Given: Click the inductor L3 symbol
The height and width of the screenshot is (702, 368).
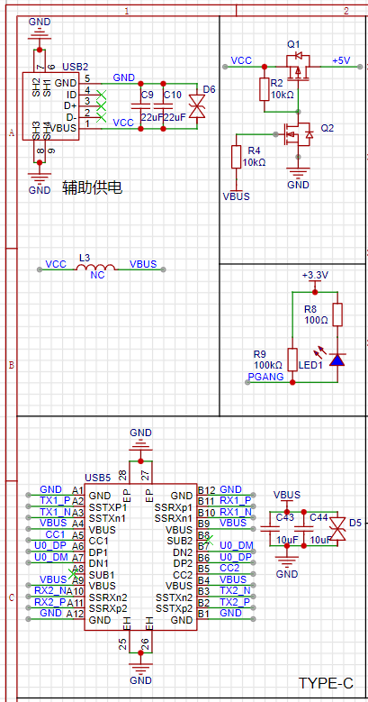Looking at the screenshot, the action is pos(95,268).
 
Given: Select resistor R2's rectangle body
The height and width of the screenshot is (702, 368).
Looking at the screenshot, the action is pos(264,89).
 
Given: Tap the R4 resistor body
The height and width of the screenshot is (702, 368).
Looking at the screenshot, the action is pos(236,157).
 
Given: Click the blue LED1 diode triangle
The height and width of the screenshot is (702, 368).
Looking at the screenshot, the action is pos(337,360).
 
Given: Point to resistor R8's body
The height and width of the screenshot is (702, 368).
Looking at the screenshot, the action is pos(337,315).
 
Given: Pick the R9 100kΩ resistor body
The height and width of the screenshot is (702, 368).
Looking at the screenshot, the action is pos(292,360).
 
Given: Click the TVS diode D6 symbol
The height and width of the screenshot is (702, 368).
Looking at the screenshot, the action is pos(197,106).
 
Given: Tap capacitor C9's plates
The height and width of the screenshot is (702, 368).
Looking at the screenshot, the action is pos(141,106).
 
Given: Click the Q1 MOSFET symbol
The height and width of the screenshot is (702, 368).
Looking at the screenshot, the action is pos(297,68).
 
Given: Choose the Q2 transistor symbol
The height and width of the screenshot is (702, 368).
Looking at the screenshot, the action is pos(298,134).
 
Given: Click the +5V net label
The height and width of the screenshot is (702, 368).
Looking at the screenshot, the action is pos(341,61).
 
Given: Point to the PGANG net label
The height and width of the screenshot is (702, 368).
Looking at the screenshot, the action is pos(266,377).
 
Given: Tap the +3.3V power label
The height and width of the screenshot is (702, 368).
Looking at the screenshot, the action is pos(315,275).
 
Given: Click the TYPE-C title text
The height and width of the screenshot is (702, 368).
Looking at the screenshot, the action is pos(326,683).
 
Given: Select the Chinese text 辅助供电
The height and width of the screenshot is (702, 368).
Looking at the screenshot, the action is pos(93,188).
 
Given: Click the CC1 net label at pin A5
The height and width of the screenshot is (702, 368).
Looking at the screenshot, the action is pos(56,534).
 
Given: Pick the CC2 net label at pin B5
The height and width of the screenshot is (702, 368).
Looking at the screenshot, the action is pos(229,568).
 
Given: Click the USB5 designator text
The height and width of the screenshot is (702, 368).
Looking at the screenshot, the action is pos(97,478).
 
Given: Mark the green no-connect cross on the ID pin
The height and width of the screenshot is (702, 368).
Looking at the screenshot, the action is pos(102,95).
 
